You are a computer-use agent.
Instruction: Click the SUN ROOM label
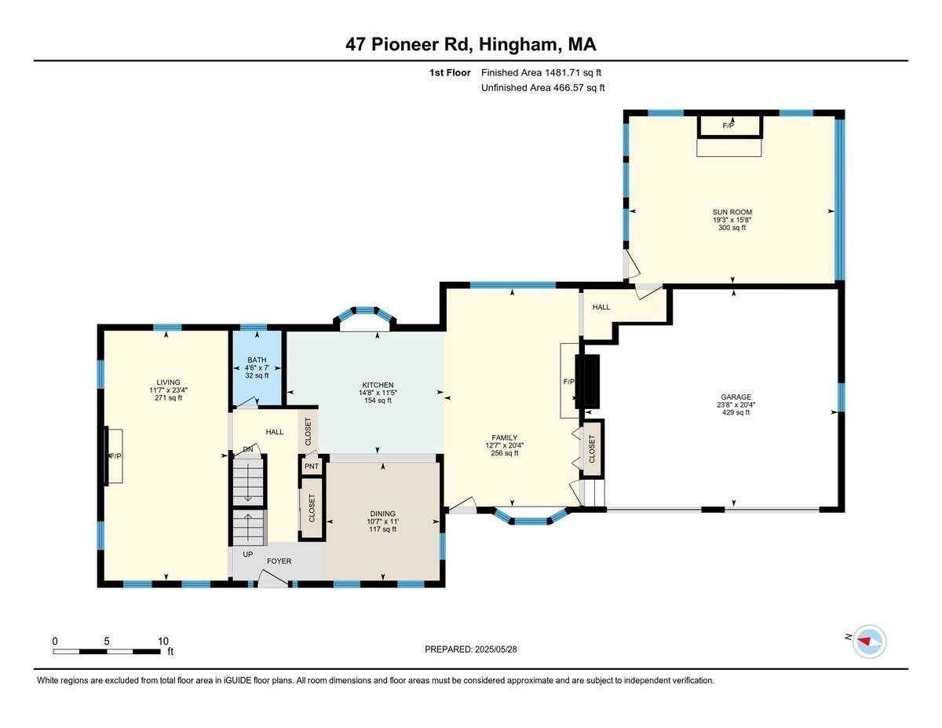click(732, 212)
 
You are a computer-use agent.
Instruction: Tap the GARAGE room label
click(736, 397)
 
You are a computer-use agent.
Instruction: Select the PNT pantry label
click(312, 466)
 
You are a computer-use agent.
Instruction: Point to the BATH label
click(257, 360)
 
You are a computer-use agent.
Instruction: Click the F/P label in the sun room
click(728, 126)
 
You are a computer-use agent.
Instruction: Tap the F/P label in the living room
click(115, 456)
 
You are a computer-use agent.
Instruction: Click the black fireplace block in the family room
click(587, 382)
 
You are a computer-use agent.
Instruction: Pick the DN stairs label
click(248, 450)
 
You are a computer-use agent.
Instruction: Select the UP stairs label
click(247, 554)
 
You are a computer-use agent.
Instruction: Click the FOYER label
click(279, 561)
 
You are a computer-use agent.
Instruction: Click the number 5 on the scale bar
click(107, 641)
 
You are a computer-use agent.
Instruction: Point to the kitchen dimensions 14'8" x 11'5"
click(378, 393)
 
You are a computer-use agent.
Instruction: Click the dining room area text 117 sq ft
click(382, 529)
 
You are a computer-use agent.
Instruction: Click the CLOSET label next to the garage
click(592, 448)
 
